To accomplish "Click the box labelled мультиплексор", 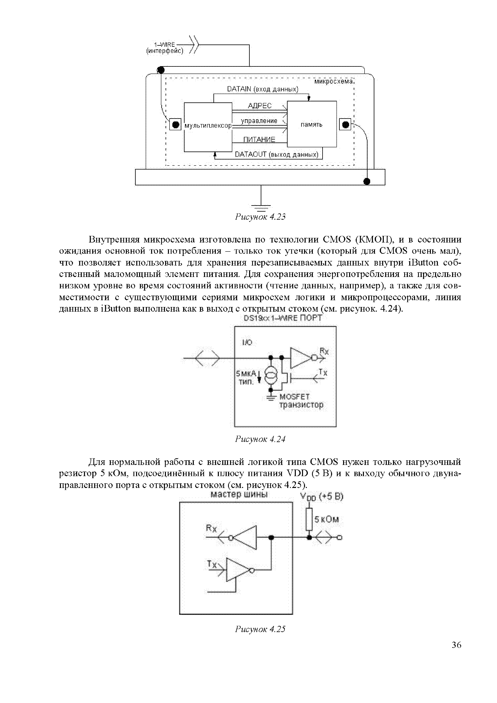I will pos(208,127).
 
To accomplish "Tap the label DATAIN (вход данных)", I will pos(263,89).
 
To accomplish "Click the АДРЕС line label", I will pos(259,106).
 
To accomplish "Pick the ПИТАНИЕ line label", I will pos(259,140).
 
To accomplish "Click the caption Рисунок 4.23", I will pos(260,217).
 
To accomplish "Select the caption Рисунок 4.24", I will pos(260,439).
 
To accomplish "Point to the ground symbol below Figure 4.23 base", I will pos(261,206).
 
